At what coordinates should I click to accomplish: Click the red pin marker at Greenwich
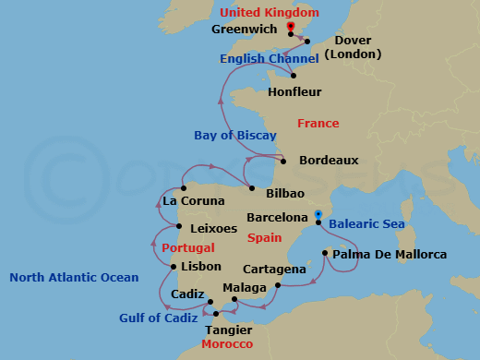coord(291,29)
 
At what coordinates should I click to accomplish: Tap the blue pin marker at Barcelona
coord(318,215)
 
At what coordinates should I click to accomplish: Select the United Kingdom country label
coord(270,13)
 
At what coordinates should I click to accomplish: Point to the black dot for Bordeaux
coord(283,162)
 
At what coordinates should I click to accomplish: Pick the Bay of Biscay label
coord(235,136)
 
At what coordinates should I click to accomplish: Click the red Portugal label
coord(187,248)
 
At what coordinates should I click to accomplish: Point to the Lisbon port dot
coord(174,268)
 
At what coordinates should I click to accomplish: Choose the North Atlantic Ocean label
coord(74,278)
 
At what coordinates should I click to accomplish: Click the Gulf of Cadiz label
coord(158,318)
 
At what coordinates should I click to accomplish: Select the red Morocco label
coord(227,344)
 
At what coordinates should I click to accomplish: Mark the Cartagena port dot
coord(278,286)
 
